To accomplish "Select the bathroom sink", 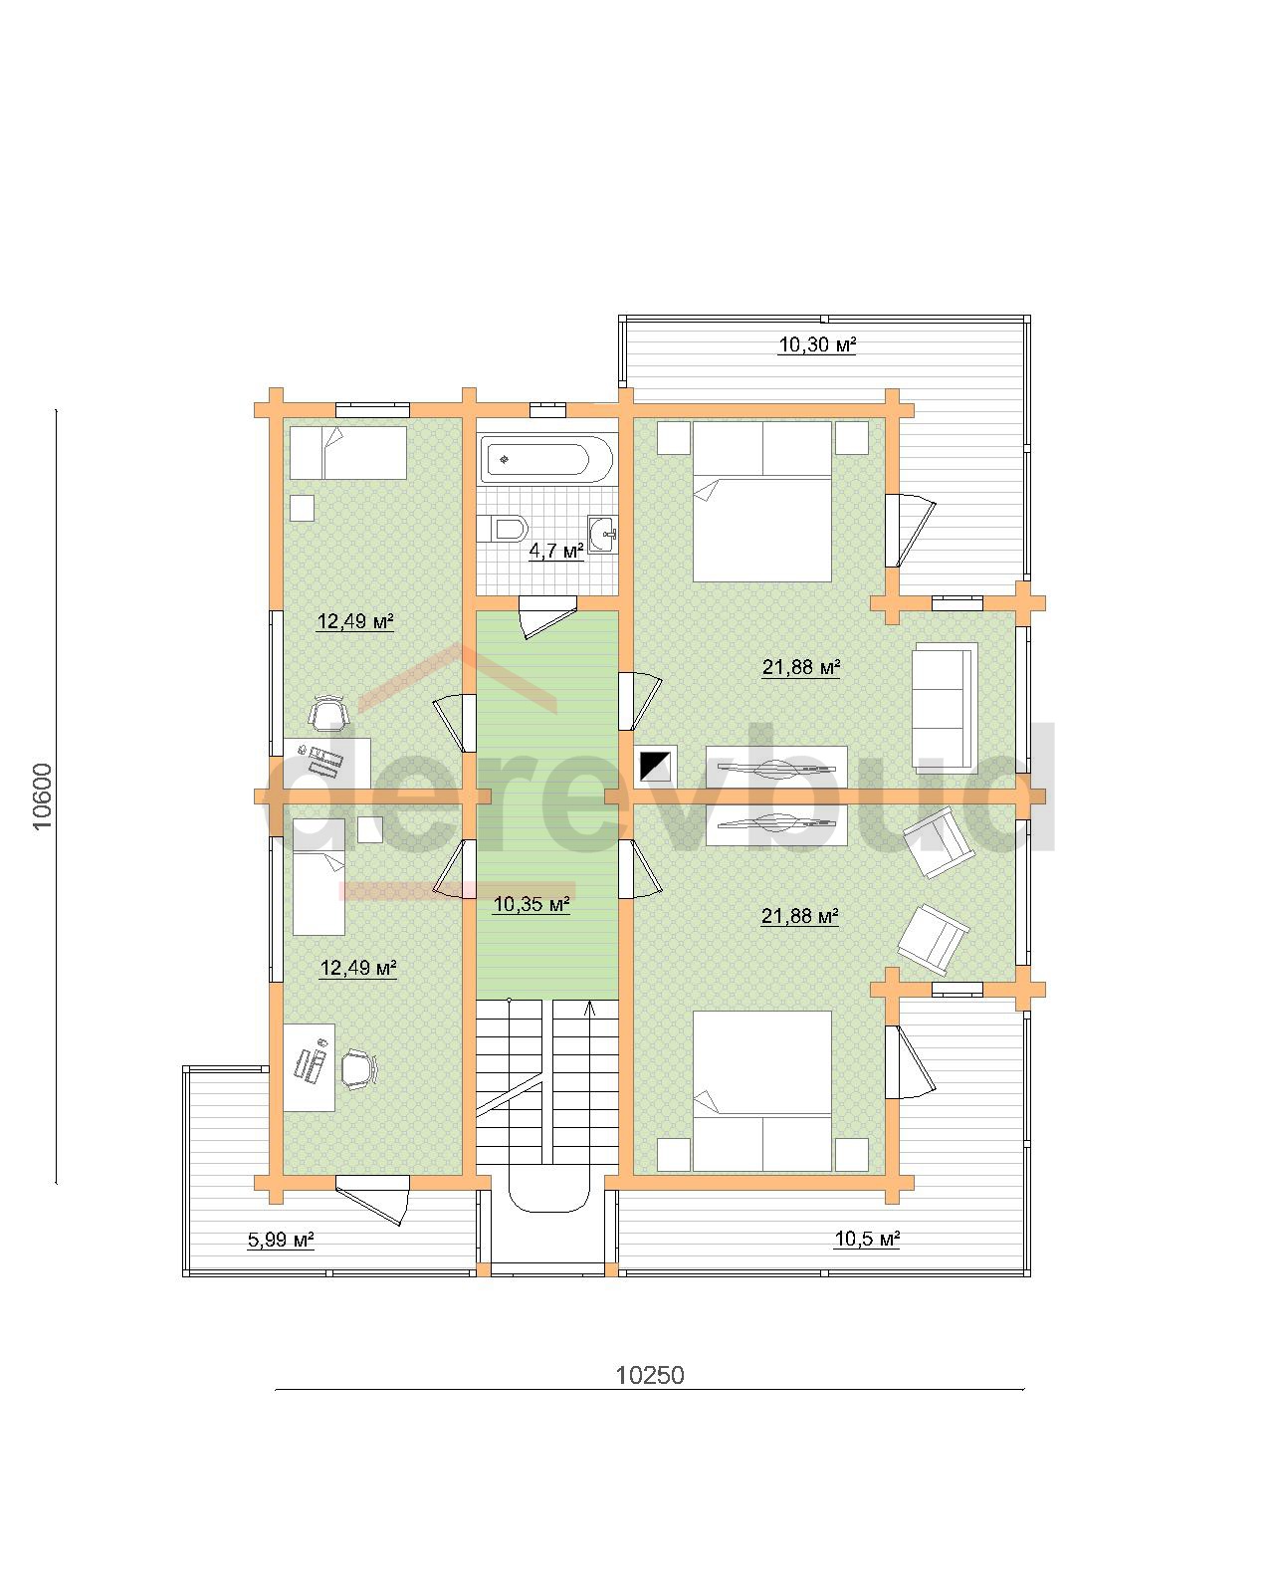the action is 602,533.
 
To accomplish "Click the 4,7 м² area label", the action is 556,551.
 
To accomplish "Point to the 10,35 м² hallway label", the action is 531,904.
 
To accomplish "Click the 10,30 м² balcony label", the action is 817,344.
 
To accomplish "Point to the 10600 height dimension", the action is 43,797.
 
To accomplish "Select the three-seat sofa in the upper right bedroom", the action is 944,706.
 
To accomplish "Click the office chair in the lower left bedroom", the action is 359,1069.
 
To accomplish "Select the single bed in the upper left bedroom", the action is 348,452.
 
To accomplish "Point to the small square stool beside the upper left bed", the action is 302,508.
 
